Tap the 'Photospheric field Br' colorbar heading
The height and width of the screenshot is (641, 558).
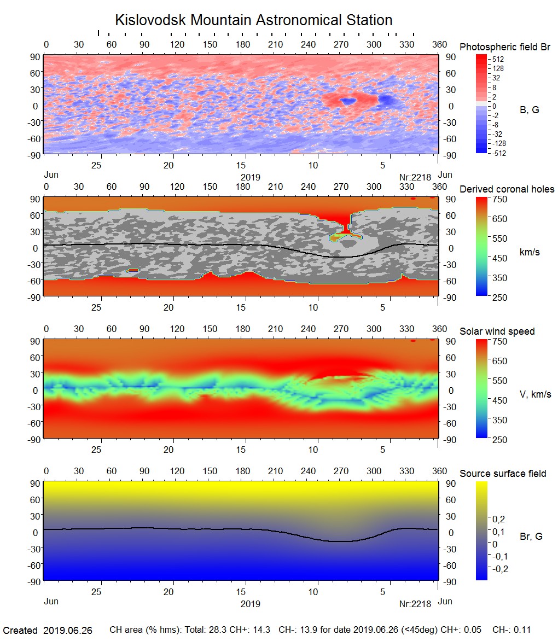click(x=505, y=47)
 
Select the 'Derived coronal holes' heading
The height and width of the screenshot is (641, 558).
click(x=507, y=189)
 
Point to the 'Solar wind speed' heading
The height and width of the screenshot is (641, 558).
click(x=497, y=331)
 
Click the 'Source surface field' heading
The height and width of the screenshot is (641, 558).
click(x=503, y=474)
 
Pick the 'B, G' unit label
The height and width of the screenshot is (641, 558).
click(x=529, y=110)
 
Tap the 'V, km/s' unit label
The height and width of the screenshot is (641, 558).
click(x=535, y=394)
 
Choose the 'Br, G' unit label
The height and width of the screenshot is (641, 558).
click(x=531, y=537)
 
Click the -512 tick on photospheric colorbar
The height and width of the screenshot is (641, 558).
click(x=498, y=153)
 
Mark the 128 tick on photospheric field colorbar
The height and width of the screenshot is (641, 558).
click(x=497, y=68)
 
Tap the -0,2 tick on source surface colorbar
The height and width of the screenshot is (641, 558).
click(x=501, y=569)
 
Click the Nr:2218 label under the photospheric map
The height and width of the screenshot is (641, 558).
click(x=415, y=177)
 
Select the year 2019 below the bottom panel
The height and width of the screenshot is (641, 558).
click(x=250, y=604)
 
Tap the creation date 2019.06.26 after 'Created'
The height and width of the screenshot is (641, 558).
click(x=68, y=630)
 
